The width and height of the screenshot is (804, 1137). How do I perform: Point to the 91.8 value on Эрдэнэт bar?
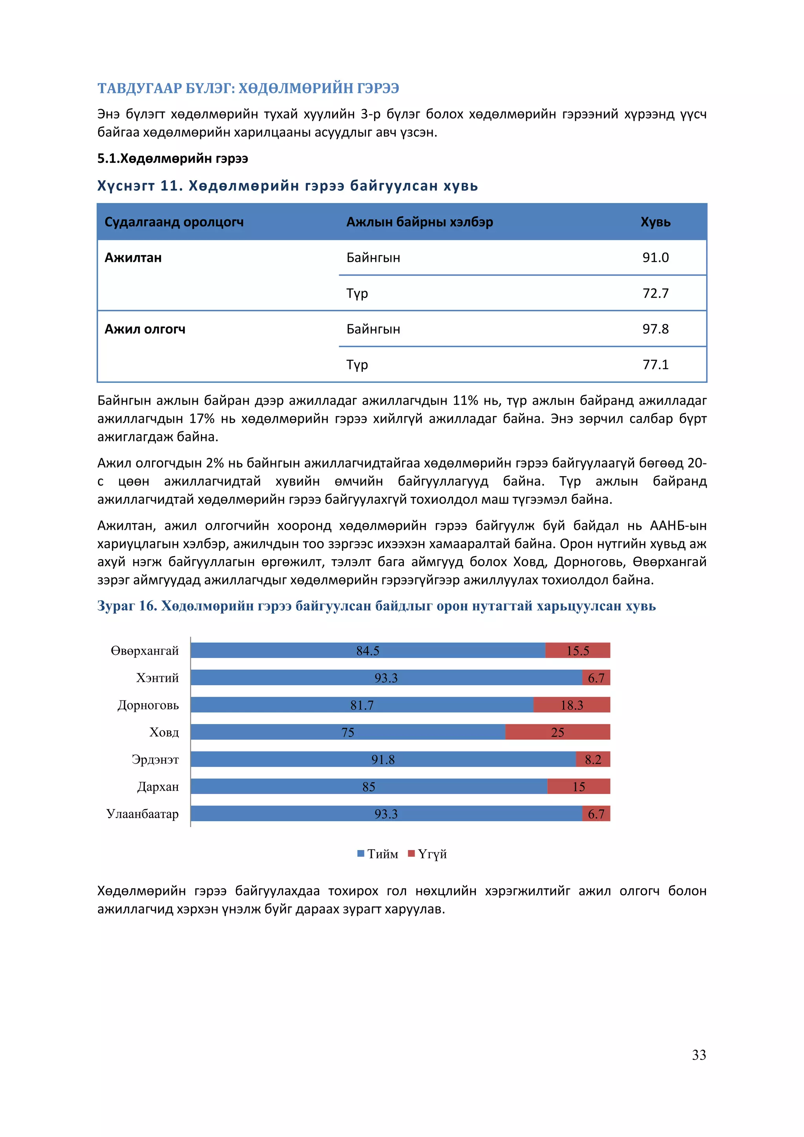point(383,759)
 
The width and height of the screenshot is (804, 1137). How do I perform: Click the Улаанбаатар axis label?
point(143,813)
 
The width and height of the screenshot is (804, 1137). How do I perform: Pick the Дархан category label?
point(157,786)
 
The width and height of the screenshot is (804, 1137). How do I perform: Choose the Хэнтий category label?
point(157,678)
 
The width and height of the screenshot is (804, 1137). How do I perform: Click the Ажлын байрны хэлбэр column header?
point(419,222)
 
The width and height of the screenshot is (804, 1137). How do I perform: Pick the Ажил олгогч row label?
point(144,329)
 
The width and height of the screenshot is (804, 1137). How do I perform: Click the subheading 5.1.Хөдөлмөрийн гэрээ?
point(172,159)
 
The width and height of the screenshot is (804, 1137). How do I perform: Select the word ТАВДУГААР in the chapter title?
point(140,88)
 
